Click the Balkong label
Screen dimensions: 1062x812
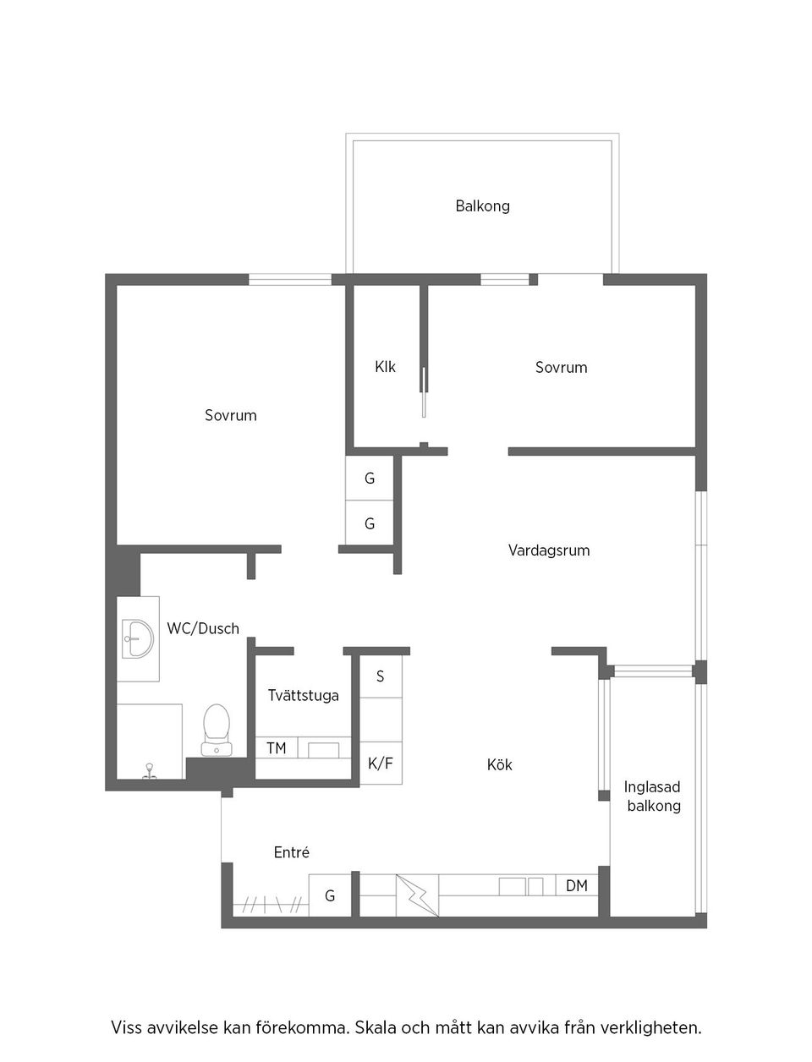pos(482,205)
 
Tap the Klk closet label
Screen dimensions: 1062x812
pos(385,367)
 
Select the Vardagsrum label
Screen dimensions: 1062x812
pos(549,550)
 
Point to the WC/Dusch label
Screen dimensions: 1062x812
pos(203,628)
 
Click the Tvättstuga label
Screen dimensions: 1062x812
pos(303,695)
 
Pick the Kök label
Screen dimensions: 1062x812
pos(500,764)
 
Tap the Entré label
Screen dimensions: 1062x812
pos(292,852)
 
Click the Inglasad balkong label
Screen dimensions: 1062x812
pos(652,796)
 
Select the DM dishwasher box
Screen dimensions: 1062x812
pos(577,886)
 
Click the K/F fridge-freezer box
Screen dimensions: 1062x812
pos(381,764)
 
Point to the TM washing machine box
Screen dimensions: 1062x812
pos(276,748)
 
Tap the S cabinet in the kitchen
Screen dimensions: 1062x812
pos(381,676)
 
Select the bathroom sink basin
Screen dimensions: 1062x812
pos(137,638)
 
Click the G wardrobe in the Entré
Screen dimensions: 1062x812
pos(330,895)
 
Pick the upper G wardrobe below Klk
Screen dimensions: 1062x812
pos(370,479)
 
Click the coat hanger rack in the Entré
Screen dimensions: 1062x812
pos(271,905)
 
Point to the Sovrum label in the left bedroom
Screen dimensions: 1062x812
pos(230,415)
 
